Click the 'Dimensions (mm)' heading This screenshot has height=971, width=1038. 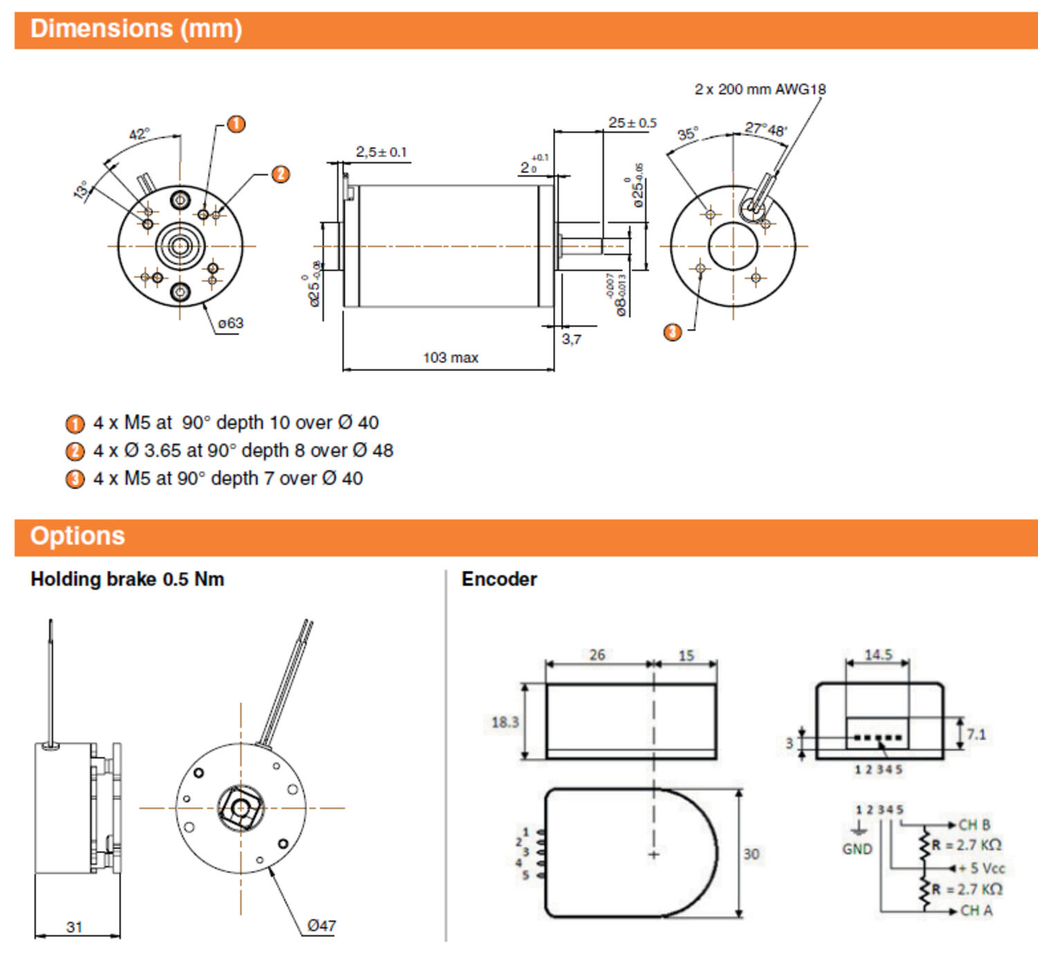[x=136, y=29]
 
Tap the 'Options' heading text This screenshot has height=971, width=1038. [x=77, y=536]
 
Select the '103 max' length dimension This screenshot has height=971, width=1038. [x=450, y=357]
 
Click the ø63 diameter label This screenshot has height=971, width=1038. [x=230, y=323]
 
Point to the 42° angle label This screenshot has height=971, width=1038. [x=139, y=134]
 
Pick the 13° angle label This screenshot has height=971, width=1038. [x=82, y=190]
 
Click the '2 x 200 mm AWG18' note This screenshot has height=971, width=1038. [x=760, y=89]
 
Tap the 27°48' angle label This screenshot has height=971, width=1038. [x=765, y=129]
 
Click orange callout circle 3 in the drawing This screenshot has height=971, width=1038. [x=673, y=332]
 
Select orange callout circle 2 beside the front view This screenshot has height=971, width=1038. [x=280, y=174]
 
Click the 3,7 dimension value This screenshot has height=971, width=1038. [x=572, y=339]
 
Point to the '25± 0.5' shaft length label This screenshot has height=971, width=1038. [x=632, y=123]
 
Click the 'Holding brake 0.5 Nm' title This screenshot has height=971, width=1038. [x=127, y=579]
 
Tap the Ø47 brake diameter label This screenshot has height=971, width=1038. [x=321, y=925]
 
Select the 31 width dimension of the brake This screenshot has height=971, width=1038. [x=75, y=927]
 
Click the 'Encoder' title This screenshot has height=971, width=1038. [x=499, y=579]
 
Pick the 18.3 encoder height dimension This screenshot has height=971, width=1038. [x=504, y=722]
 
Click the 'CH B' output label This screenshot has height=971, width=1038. [x=974, y=825]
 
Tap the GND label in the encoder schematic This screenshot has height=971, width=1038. [x=857, y=849]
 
